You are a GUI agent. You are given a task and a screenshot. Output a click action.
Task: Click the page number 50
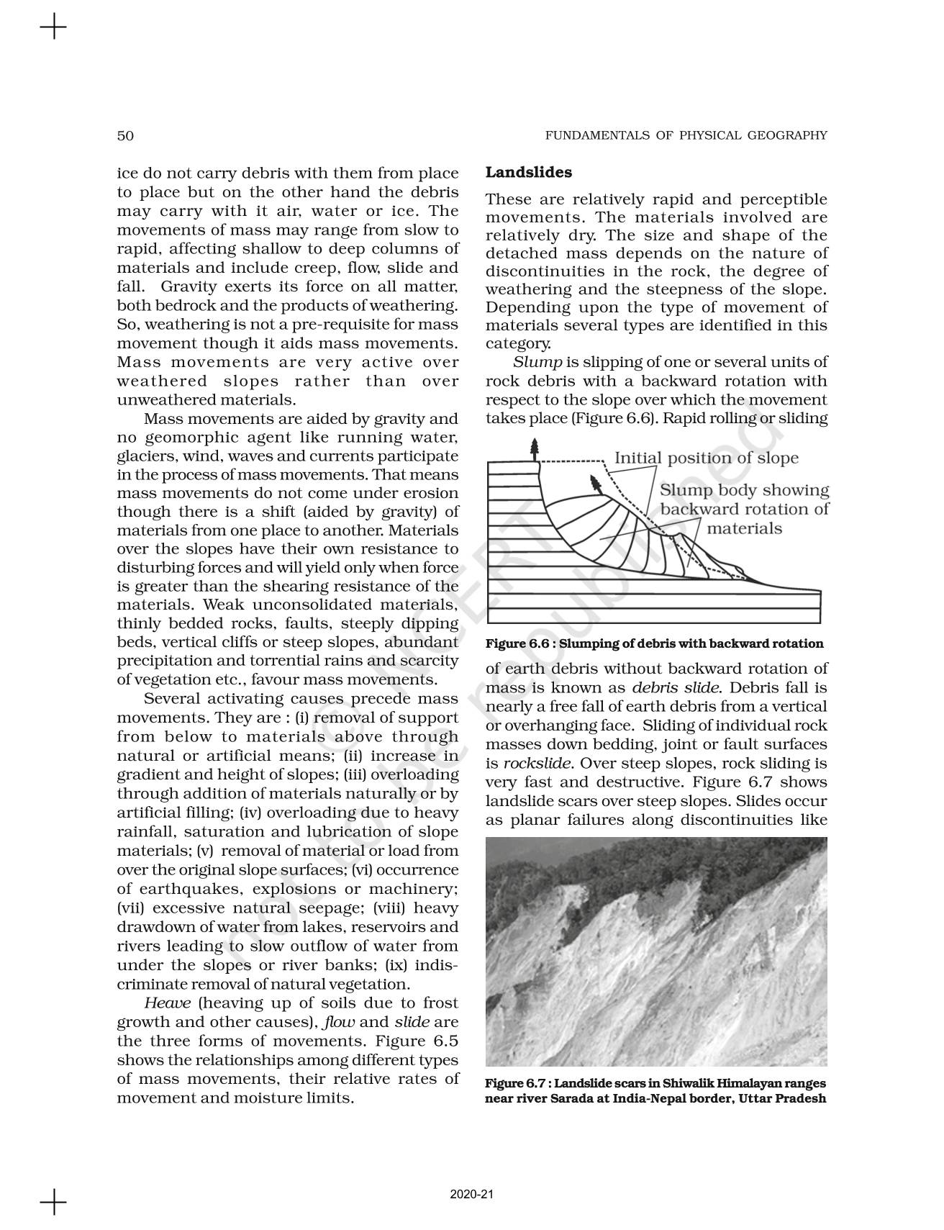click(125, 135)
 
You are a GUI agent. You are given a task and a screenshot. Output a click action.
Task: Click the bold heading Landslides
click(529, 173)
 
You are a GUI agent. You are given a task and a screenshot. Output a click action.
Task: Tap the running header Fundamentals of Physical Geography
click(686, 135)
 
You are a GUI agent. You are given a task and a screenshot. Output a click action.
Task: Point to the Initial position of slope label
click(706, 458)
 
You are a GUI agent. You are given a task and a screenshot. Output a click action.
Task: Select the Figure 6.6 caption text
click(654, 643)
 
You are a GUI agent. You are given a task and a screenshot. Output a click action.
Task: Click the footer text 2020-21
click(471, 1195)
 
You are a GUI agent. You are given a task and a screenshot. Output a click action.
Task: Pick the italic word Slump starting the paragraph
click(537, 363)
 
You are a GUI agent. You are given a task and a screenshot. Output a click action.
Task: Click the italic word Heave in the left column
click(168, 1003)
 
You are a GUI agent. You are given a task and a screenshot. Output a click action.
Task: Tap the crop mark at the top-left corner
click(53, 29)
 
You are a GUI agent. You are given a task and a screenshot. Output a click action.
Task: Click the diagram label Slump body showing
click(744, 491)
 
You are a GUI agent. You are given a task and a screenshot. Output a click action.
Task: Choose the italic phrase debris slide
click(676, 688)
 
